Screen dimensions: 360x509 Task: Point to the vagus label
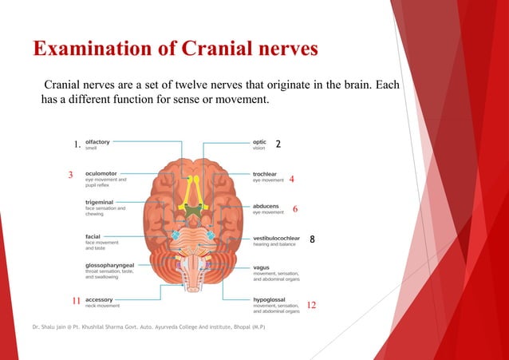(262, 267)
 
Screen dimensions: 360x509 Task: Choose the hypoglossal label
(270, 299)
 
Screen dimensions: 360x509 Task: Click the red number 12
(312, 305)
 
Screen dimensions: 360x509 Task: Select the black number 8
(313, 239)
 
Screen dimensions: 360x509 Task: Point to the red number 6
(295, 209)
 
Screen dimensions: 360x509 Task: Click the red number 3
(70, 175)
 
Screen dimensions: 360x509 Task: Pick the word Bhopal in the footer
(236, 328)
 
